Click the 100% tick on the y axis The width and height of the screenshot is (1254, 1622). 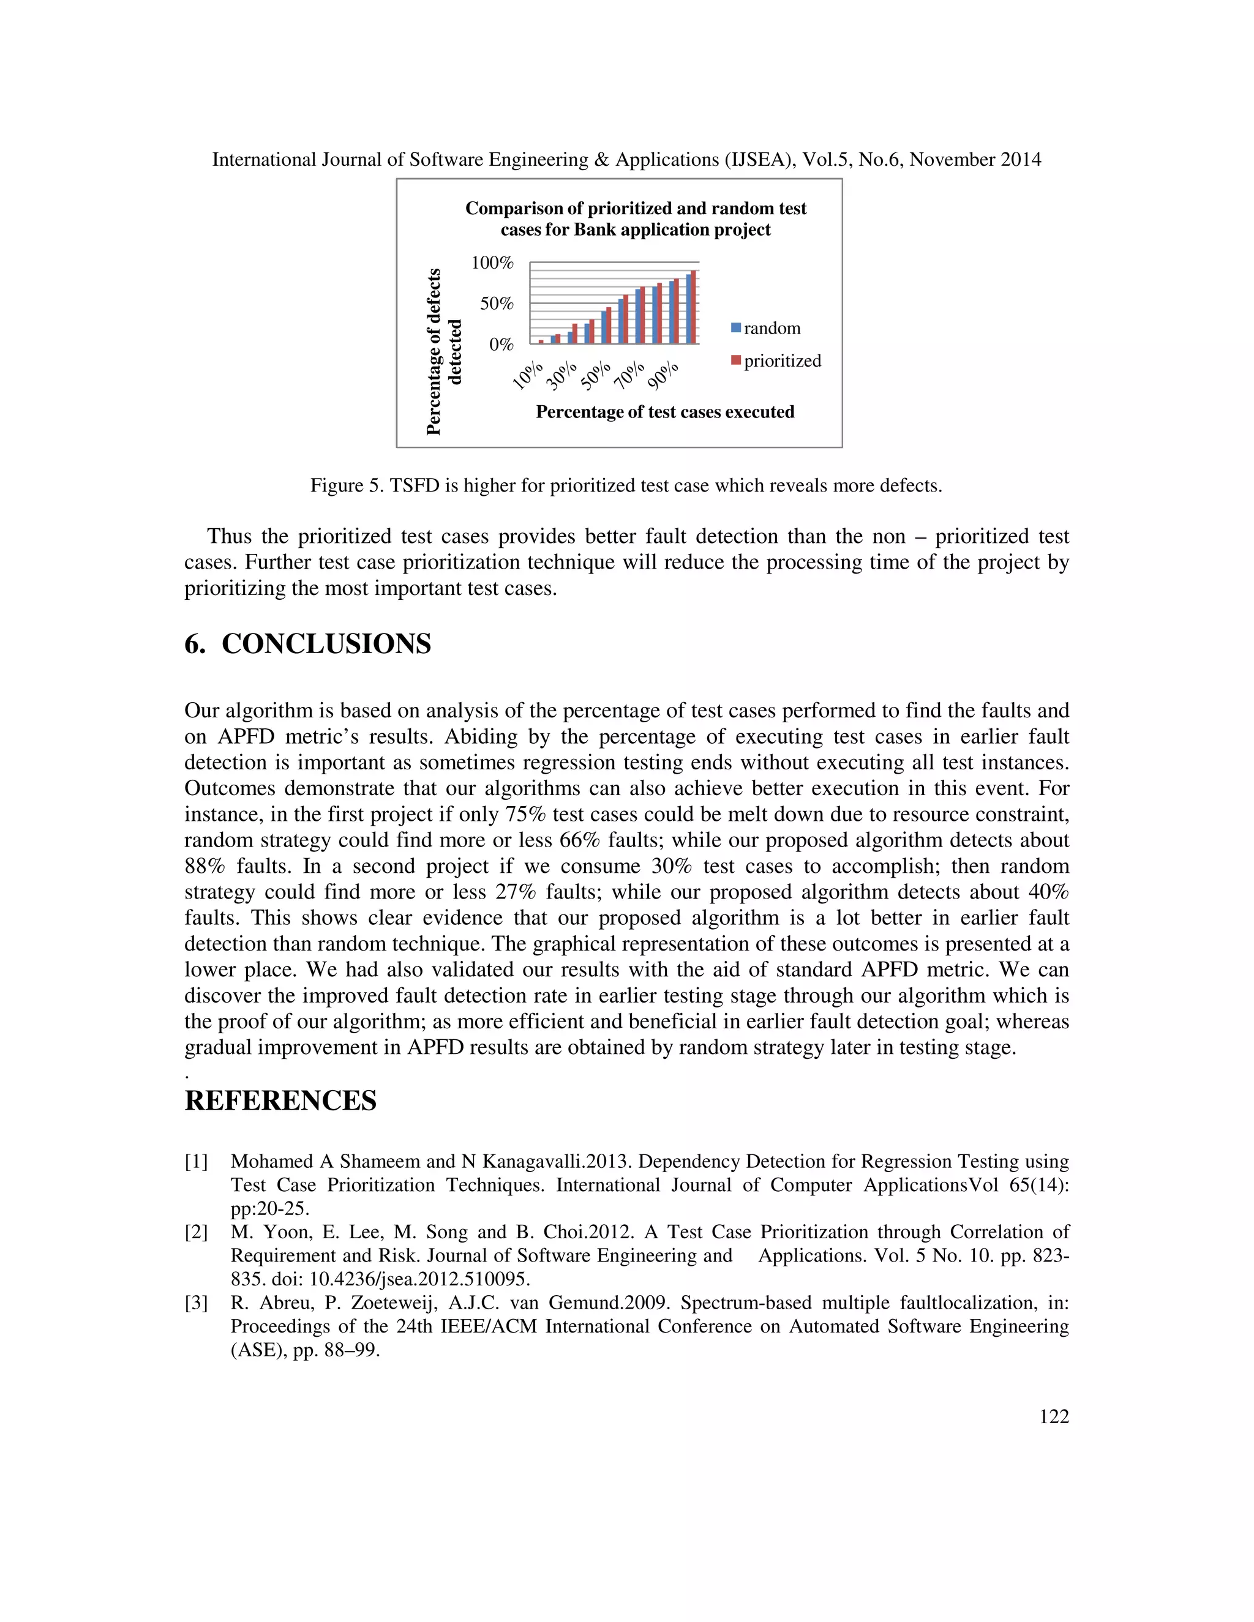[x=492, y=263]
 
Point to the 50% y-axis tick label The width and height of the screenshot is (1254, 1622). [x=496, y=304]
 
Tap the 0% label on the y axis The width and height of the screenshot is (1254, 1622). [x=501, y=345]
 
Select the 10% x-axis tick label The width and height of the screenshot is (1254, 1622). [x=528, y=375]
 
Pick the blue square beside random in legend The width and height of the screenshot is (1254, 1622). [x=735, y=327]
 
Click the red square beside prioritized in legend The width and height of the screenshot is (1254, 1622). [x=735, y=360]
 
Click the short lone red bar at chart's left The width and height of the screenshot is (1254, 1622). [x=541, y=342]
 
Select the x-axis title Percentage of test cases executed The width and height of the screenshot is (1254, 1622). [x=665, y=412]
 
